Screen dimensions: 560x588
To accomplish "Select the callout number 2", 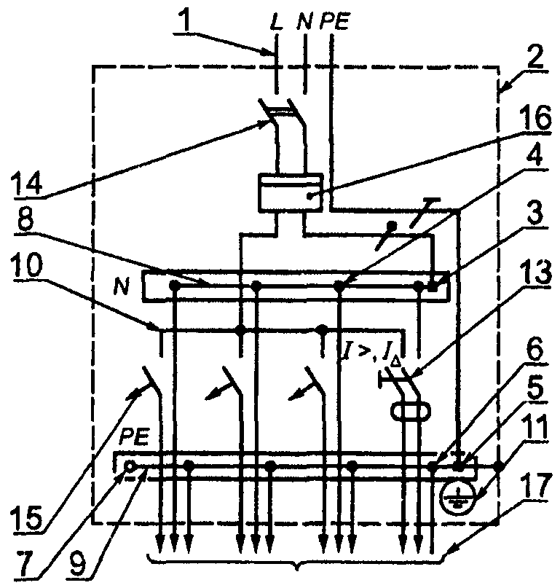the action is pyautogui.click(x=533, y=56).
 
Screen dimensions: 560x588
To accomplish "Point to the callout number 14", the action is pyautogui.click(x=28, y=182).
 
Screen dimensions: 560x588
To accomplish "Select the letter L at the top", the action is pyautogui.click(x=276, y=23).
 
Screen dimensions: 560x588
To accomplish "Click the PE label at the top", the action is pyautogui.click(x=334, y=23).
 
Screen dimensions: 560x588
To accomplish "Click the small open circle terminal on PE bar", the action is pyautogui.click(x=130, y=466).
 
